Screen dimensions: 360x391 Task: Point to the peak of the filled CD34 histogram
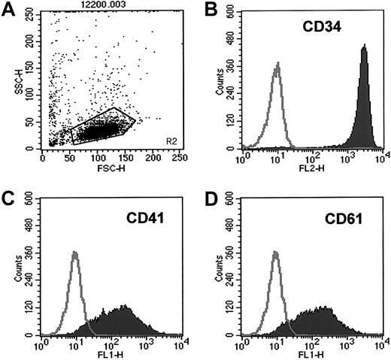point(364,47)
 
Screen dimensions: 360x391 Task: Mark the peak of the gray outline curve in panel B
point(278,65)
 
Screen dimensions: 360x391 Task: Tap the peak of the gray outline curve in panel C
point(74,253)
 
